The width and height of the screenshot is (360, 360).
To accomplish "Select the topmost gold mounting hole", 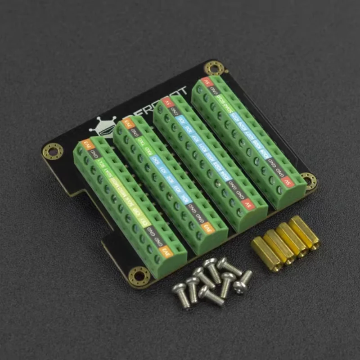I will (x=213, y=68).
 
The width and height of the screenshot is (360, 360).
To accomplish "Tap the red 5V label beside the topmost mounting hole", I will (x=206, y=82).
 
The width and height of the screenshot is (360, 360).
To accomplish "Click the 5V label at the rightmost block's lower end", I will (x=288, y=183).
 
